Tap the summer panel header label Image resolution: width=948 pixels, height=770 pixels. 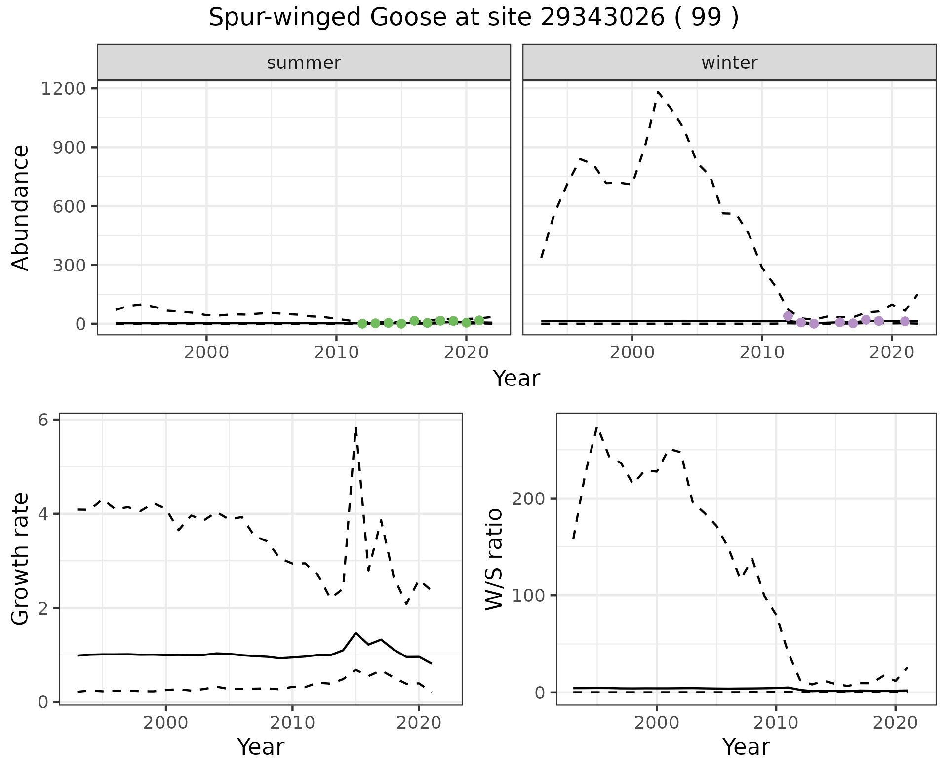(304, 63)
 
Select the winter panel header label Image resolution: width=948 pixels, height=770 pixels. (729, 63)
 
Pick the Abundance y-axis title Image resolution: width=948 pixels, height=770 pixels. (21, 207)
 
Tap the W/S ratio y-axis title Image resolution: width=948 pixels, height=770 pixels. (494, 559)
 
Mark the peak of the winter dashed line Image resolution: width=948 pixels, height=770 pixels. (658, 92)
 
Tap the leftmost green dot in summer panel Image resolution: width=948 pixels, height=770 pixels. (362, 324)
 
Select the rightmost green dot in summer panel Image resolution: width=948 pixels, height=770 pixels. (479, 321)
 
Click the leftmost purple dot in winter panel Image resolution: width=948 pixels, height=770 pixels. (788, 316)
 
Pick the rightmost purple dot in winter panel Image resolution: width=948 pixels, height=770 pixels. (905, 321)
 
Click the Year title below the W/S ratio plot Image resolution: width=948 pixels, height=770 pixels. (746, 747)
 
